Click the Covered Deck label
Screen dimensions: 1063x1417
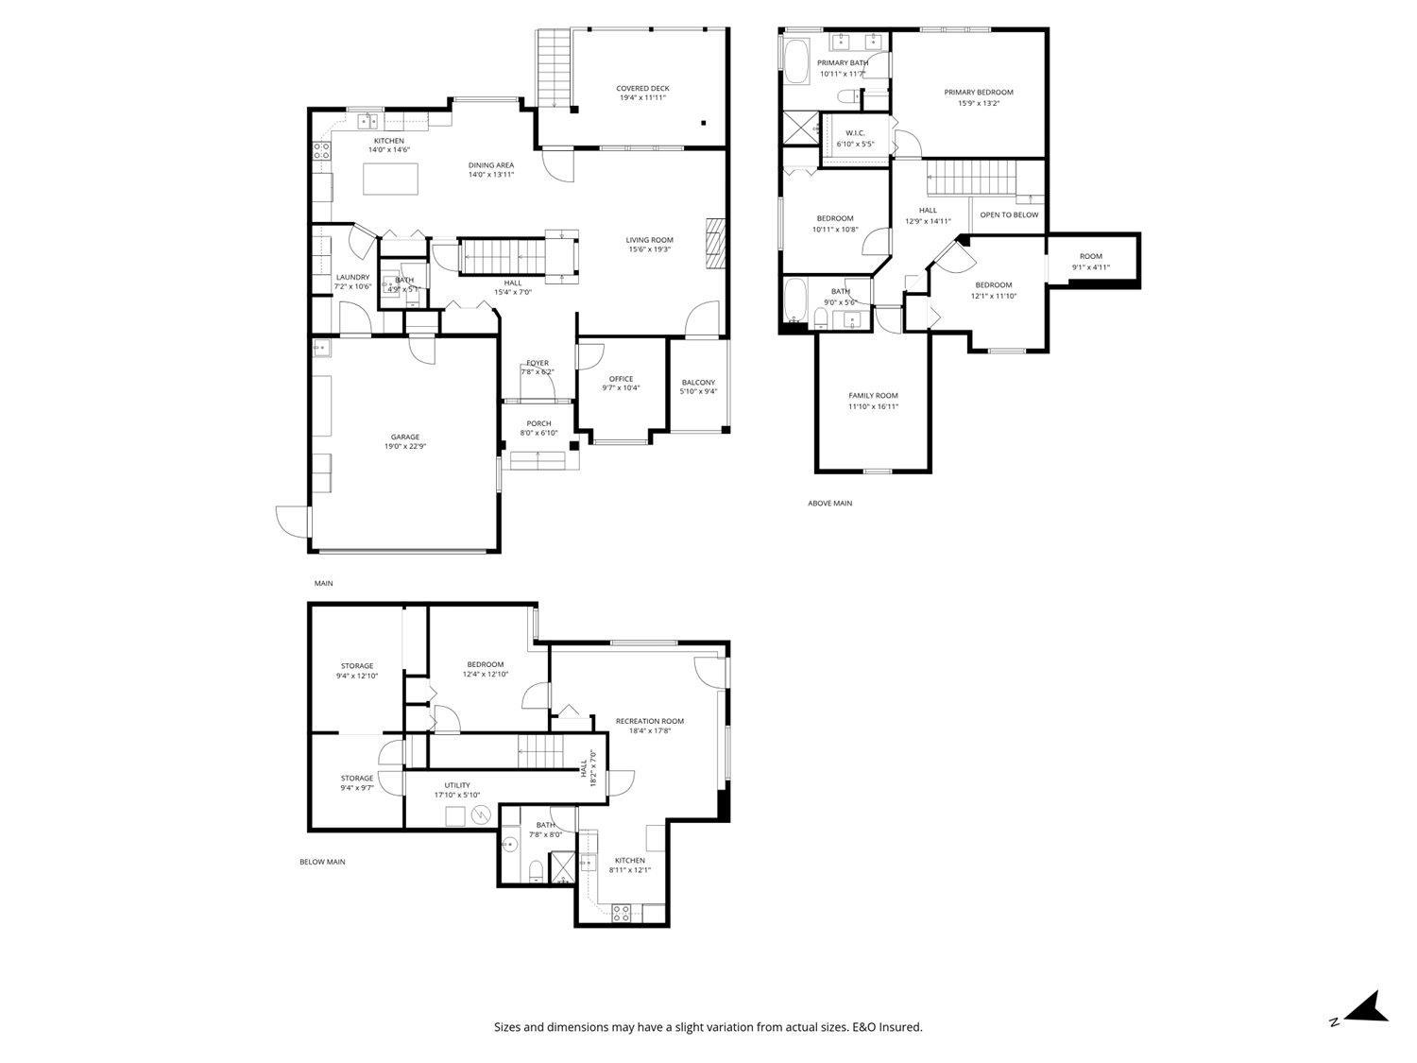click(x=643, y=89)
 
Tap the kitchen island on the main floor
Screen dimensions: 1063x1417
click(x=391, y=179)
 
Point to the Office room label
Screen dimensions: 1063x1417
click(x=621, y=379)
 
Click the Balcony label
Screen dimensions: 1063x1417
click(x=698, y=383)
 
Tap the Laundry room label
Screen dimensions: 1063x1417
click(x=352, y=277)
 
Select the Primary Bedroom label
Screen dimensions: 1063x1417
click(x=978, y=93)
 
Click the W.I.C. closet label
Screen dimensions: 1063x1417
click(x=855, y=133)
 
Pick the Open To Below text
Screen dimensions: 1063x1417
click(x=1008, y=214)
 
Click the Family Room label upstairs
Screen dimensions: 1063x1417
click(x=873, y=396)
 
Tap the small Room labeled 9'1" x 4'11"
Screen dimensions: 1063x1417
click(x=1091, y=256)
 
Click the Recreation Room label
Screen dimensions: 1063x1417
click(x=649, y=721)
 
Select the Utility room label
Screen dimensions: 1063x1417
click(x=457, y=785)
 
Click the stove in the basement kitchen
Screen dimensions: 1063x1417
click(x=622, y=913)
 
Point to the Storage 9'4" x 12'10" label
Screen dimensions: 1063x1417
click(x=357, y=666)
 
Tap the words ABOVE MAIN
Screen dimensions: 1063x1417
click(x=829, y=504)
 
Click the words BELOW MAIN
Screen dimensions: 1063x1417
click(x=322, y=862)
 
